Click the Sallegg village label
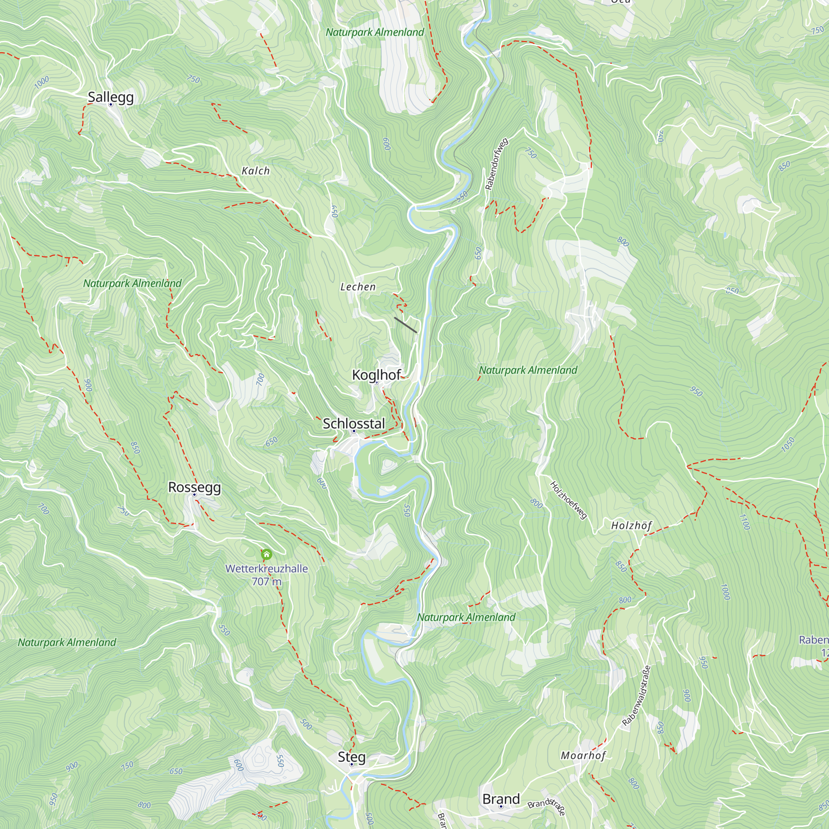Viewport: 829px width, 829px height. pos(111,97)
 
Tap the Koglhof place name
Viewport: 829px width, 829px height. pos(376,375)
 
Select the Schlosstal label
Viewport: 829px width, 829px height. pos(354,424)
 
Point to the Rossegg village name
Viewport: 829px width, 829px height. pos(194,487)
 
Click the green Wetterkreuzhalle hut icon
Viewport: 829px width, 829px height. pos(267,554)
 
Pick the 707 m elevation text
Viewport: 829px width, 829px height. pos(267,582)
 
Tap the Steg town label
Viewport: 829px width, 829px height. pos(351,756)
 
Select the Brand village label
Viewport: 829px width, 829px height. pos(501,799)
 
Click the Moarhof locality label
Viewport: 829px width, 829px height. pos(583,755)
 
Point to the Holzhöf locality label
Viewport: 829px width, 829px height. pos(631,525)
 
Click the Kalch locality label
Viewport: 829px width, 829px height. pos(256,171)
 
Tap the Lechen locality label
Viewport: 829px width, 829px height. pos(358,287)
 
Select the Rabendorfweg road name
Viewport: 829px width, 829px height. pos(497,164)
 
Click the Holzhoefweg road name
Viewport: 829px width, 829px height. pos(568,500)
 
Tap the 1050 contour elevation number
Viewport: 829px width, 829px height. pos(788,444)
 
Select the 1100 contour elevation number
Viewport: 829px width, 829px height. pos(744,522)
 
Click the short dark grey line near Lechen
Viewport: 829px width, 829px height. pos(405,325)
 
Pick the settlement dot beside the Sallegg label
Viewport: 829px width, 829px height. pos(110,104)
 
